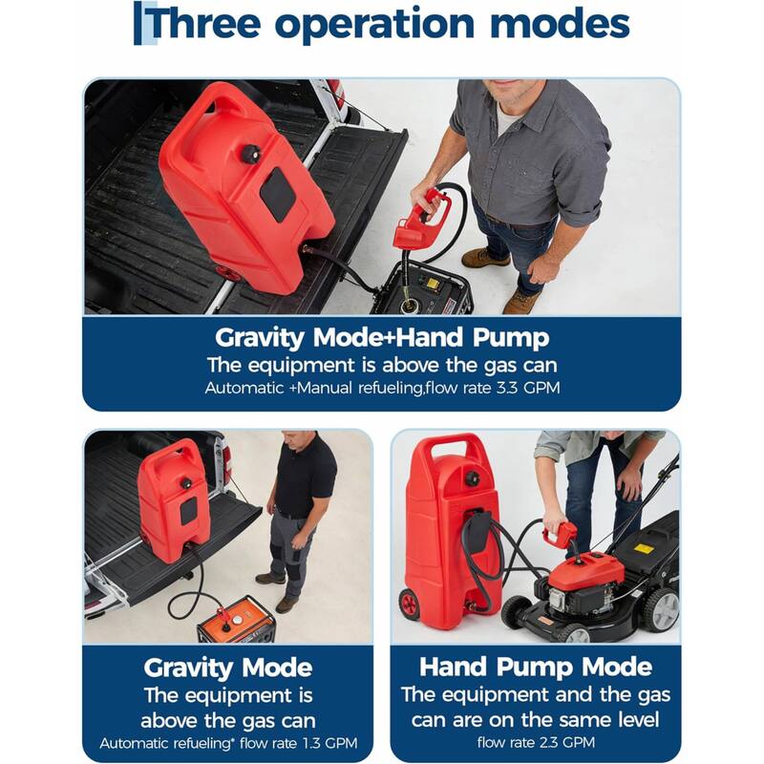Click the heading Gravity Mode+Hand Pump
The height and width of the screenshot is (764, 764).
click(x=381, y=337)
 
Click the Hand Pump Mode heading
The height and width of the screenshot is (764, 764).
click(x=536, y=666)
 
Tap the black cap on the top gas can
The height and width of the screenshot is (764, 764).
click(x=252, y=154)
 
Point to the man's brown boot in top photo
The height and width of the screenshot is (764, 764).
click(x=485, y=257)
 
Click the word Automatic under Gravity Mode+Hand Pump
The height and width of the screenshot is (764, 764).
click(x=238, y=389)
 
